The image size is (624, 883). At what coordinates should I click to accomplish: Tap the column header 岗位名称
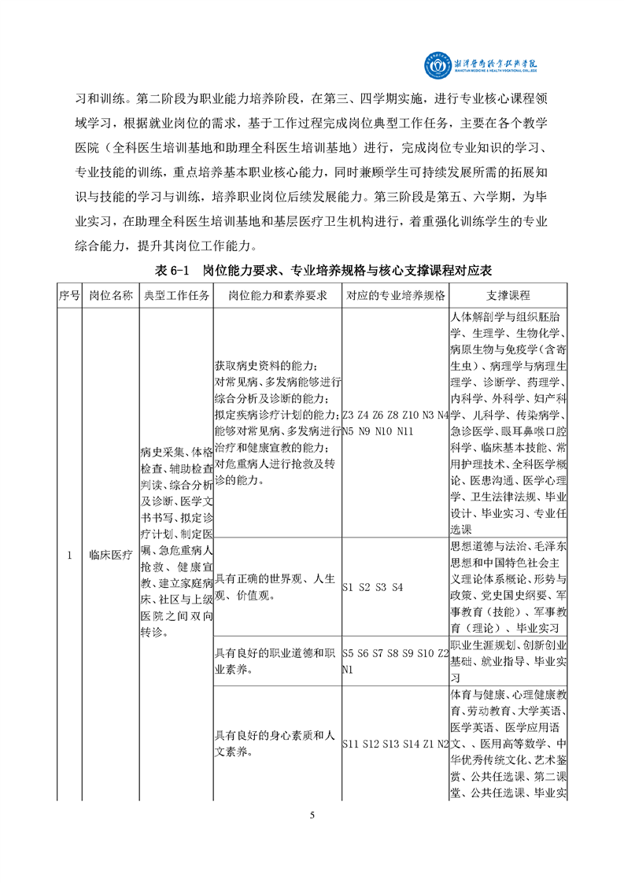(110, 296)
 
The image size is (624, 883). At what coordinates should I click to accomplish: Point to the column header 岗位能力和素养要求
(277, 296)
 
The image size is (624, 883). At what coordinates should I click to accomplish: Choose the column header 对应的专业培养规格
(395, 296)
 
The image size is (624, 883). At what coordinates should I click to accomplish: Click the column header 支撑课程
(508, 296)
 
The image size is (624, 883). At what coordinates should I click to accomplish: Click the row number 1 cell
(68, 555)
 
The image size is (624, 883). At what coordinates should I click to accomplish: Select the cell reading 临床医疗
(110, 555)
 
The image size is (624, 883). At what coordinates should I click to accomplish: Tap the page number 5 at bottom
(312, 815)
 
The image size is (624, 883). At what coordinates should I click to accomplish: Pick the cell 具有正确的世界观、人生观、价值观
(276, 587)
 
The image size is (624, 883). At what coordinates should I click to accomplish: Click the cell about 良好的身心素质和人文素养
(276, 744)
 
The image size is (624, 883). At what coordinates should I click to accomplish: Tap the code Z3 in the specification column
(351, 415)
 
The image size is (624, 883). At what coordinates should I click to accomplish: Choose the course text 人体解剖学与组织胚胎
(508, 316)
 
